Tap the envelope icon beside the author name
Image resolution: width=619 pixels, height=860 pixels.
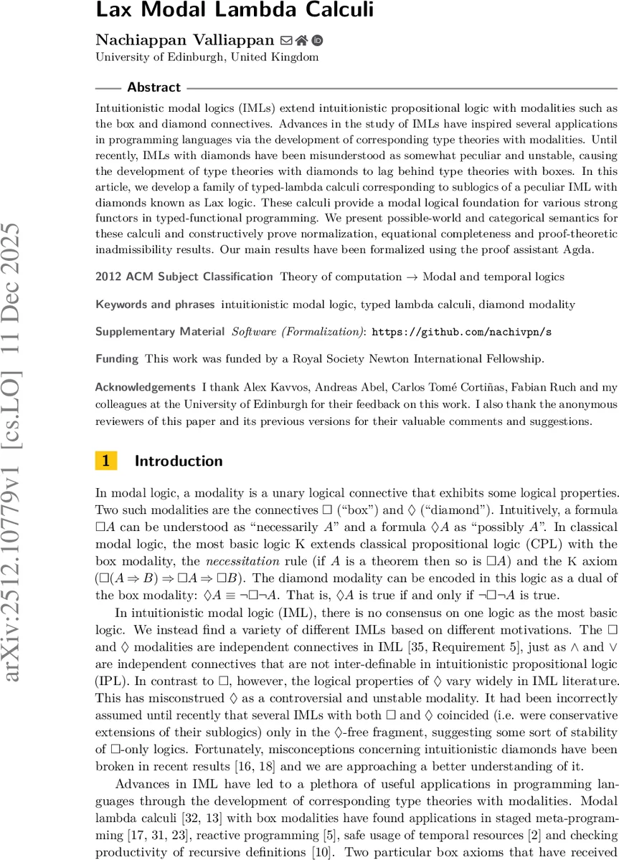286,41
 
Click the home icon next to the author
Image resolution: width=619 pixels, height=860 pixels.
301,41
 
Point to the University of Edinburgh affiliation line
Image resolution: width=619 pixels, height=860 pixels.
207,57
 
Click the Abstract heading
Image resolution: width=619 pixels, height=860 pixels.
153,87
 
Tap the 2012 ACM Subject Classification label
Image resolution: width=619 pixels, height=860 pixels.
184,277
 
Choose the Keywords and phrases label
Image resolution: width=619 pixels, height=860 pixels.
155,305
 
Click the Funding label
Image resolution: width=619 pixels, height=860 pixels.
117,358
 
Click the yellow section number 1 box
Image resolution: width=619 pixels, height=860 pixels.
105,461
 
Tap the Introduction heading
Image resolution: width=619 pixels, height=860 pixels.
179,461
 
